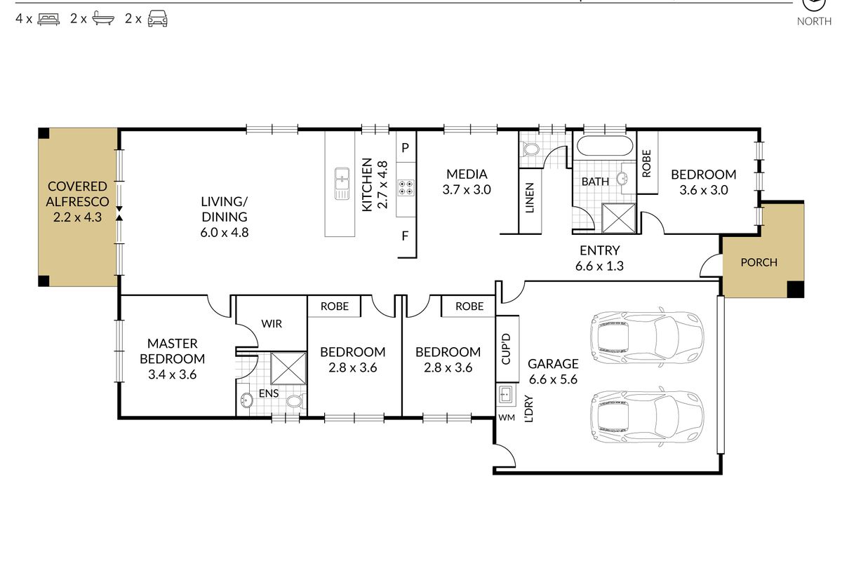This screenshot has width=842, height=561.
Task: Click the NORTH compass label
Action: pos(814,22)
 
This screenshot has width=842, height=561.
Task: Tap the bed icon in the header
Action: pos(48,19)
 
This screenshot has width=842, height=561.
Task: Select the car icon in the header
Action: pos(157,18)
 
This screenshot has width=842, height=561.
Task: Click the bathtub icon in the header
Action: pos(103,18)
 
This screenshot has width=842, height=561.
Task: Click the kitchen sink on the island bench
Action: pos(342,183)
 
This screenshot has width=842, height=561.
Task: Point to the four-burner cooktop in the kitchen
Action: pos(406,188)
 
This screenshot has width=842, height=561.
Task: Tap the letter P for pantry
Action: pos(405,148)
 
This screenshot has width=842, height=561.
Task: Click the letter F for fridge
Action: pos(405,236)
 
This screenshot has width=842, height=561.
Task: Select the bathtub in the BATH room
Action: pos(604,145)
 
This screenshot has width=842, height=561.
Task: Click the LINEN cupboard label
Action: pos(529,198)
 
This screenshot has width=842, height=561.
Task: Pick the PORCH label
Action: pos(759,262)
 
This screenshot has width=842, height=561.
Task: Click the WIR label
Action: pos(272,323)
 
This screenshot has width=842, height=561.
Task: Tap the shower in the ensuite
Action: pos(288,368)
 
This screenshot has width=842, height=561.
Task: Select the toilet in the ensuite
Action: pos(297,401)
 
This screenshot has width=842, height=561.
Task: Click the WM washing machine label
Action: pos(507,417)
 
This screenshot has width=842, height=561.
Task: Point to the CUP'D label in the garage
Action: pos(506,349)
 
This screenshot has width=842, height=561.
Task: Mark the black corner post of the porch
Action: pos(796,290)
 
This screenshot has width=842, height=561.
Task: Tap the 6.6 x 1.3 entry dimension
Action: pos(599,266)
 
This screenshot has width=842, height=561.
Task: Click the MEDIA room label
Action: pos(467,174)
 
